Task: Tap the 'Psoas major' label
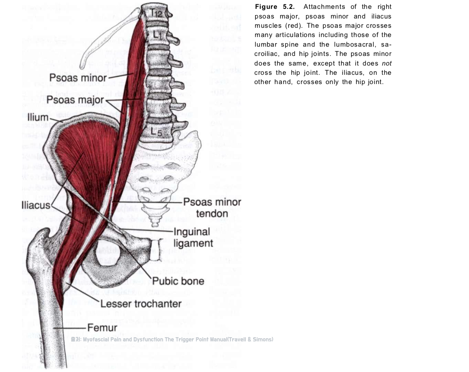tap(75, 100)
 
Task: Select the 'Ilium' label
tap(38, 117)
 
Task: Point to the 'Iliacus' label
tap(36, 205)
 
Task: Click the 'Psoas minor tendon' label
tap(212, 207)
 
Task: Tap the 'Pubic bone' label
tap(178, 281)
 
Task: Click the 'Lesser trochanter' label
tap(141, 303)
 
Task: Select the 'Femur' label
tap(102, 328)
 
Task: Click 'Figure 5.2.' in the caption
tap(276, 7)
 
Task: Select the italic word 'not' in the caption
tap(387, 63)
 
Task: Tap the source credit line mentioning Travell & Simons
tap(172, 340)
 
